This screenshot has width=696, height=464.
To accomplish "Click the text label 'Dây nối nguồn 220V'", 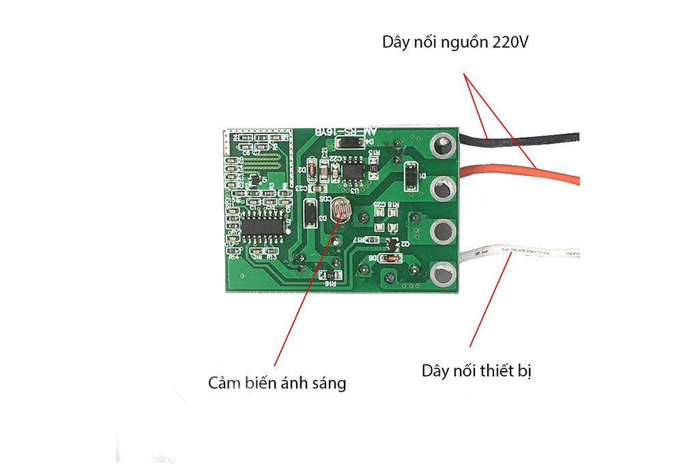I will pyautogui.click(x=456, y=43).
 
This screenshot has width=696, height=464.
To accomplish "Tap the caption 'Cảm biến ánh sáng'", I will pyautogui.click(x=277, y=383).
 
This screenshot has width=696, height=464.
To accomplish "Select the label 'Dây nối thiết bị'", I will pyautogui.click(x=476, y=371).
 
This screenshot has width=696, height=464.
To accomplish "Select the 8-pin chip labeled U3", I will pyautogui.click(x=353, y=169).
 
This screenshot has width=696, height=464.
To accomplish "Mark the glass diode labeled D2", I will pyautogui.click(x=312, y=168).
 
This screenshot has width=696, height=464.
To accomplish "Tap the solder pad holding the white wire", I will pyautogui.click(x=442, y=274).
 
